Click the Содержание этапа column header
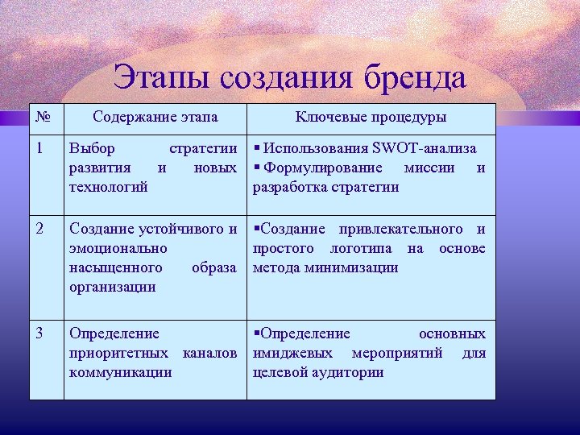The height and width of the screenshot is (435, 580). (155, 118)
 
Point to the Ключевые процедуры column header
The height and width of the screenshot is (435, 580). (370, 118)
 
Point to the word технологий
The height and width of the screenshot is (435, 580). (109, 187)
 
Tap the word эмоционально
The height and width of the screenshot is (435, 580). (118, 248)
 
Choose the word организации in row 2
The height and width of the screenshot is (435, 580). (113, 287)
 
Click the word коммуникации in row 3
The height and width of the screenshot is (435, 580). (120, 372)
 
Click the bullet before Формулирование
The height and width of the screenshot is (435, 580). (256, 168)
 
